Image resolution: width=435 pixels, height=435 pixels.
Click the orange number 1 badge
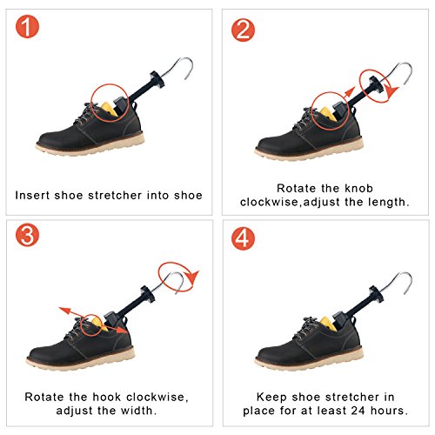27,27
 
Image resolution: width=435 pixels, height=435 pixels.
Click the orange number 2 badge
243,30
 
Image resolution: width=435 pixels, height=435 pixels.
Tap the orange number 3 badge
27,235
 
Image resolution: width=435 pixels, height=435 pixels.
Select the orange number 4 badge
243,238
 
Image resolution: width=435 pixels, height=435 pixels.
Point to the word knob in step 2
358,188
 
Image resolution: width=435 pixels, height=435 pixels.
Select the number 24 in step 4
358,411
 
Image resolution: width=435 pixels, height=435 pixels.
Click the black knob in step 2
374,84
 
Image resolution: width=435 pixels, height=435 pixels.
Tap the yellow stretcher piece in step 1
109,109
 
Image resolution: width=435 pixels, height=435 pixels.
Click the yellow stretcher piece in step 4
329,324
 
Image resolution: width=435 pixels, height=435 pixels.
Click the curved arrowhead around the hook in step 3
192,277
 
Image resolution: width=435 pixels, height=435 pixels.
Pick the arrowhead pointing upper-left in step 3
64,311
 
